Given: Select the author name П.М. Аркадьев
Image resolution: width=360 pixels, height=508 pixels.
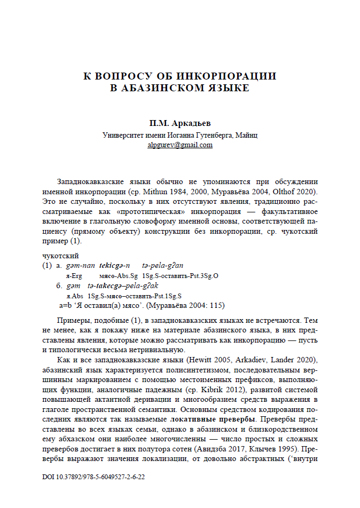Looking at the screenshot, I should [x=179, y=124].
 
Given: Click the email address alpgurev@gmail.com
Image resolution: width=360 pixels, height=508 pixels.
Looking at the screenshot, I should [x=180, y=145].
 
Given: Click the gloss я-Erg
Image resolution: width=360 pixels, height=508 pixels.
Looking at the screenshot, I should [x=73, y=275].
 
